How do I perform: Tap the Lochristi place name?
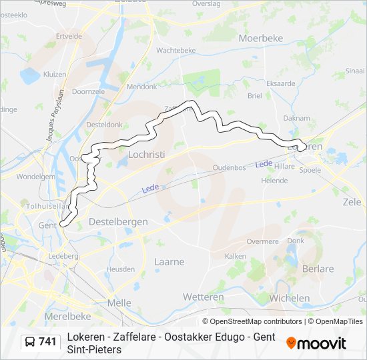coord(145,154)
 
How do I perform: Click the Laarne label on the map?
coord(169,262)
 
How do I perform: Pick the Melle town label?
coord(119,302)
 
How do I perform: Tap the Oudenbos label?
coord(230,167)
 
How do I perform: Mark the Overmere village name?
coord(262,241)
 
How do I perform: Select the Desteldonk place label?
coord(104,124)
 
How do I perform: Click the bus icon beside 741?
coord(30,342)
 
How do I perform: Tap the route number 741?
coord(47,342)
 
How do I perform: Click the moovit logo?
coord(316,343)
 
